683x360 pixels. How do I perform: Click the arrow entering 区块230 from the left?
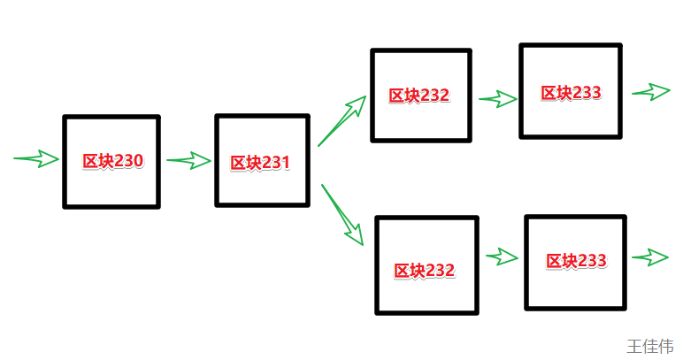(x=37, y=159)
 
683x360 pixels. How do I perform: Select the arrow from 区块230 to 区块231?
(x=188, y=160)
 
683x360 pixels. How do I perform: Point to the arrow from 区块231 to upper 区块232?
(x=342, y=119)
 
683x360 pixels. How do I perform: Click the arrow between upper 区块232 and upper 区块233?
(x=498, y=99)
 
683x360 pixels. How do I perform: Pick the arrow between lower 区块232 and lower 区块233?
(x=502, y=257)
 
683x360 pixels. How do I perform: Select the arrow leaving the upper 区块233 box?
(x=652, y=92)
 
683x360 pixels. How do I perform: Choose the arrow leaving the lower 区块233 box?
(x=650, y=257)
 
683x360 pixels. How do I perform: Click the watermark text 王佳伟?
(x=650, y=345)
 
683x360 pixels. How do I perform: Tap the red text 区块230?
(x=112, y=162)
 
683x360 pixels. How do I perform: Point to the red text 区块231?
(x=260, y=164)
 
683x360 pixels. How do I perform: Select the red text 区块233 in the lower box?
(x=576, y=261)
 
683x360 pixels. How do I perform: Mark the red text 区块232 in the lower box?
(x=425, y=271)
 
